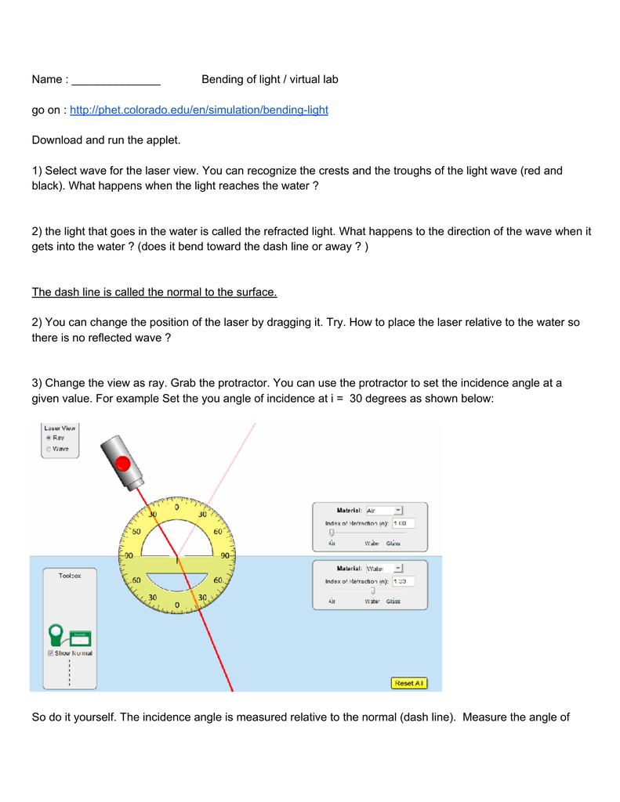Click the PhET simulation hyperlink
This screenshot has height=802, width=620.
point(199,110)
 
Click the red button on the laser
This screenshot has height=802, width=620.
point(122,464)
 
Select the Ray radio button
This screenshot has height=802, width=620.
point(49,438)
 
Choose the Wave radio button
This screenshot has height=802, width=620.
point(49,449)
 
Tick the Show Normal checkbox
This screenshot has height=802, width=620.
point(50,652)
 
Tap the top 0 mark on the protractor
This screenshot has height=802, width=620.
point(176,508)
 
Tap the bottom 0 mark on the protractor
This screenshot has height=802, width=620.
point(176,605)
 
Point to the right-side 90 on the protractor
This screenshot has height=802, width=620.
point(225,555)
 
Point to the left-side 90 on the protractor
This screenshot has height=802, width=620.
point(125,555)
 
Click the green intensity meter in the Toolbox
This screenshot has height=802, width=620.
point(56,632)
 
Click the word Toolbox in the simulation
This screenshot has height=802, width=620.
point(70,575)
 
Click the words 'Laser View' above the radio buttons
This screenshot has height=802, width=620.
point(60,428)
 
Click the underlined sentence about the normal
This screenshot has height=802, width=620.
point(154,293)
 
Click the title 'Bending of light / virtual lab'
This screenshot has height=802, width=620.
point(270,80)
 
